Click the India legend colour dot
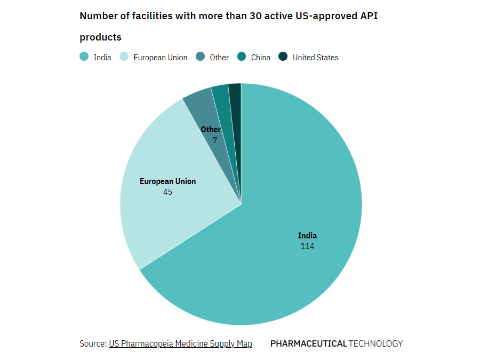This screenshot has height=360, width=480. click(84, 57)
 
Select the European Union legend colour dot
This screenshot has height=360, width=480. click(124, 57)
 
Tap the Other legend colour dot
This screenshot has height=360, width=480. click(200, 57)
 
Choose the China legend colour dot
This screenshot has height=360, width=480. click(242, 57)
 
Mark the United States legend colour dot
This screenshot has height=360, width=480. click(283, 57)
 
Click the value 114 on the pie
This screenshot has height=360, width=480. click(307, 246)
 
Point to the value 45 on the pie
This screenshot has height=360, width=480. click(167, 191)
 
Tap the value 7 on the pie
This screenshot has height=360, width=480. click(215, 140)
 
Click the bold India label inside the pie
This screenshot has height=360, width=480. click(307, 236)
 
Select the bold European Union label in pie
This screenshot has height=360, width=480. click(167, 181)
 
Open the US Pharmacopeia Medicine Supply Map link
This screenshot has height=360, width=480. click(180, 344)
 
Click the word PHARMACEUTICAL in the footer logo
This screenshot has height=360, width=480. click(308, 344)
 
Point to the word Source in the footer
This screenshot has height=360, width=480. click(92, 344)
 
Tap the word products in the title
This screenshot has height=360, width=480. click(100, 37)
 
